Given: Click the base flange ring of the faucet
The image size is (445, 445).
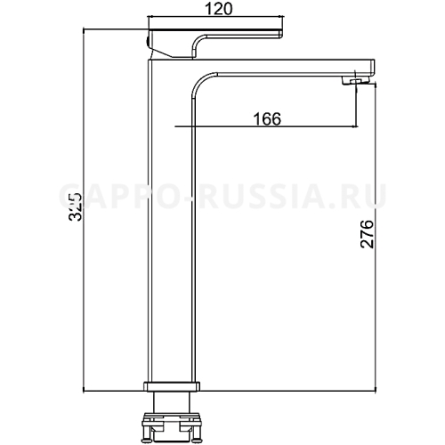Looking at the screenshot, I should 173,388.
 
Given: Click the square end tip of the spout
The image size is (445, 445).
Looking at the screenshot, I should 368,68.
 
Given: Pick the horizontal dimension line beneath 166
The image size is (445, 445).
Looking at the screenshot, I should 267,128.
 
